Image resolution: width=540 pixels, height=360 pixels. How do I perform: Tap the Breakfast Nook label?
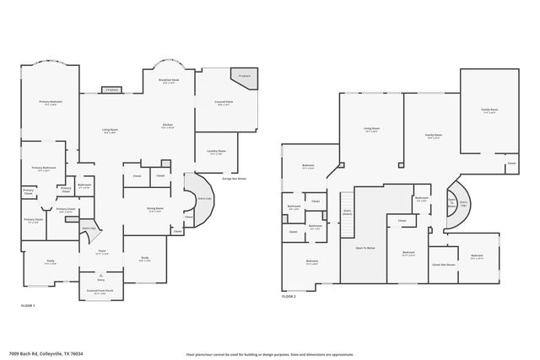click(x=167, y=82)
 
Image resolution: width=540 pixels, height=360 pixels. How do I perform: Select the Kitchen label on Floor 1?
click(x=167, y=127)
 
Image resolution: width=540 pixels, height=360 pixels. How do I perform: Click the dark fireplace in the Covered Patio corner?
click(x=247, y=76)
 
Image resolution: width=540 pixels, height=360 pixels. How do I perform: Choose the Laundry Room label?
click(x=214, y=153)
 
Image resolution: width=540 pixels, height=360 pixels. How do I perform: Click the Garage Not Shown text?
click(x=234, y=178)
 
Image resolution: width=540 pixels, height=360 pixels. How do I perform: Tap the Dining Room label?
click(x=154, y=210)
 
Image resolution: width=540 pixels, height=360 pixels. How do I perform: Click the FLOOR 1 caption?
click(x=28, y=315)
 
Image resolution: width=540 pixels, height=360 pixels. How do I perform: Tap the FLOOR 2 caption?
click(x=289, y=297)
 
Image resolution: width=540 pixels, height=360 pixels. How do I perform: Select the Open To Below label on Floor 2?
click(x=365, y=249)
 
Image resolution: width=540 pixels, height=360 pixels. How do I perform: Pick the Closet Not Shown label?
click(x=444, y=264)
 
